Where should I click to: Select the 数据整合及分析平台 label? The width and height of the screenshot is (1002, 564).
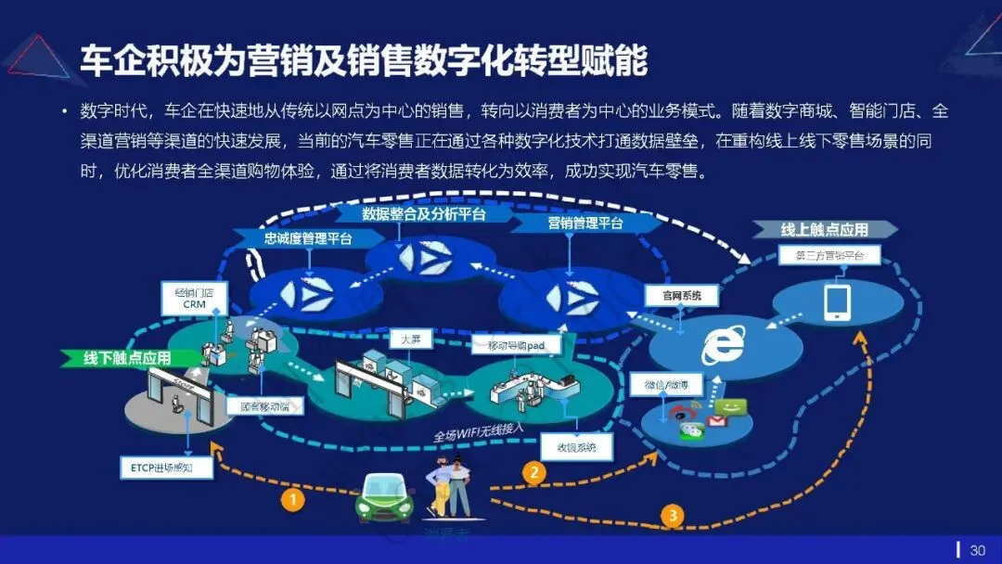point(424,214)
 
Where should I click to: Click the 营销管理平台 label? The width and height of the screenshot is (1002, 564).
point(584,224)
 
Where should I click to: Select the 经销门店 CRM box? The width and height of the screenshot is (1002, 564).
point(194,298)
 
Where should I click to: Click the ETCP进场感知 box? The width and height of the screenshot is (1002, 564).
point(166,467)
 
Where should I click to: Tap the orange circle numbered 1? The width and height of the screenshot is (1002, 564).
point(292,499)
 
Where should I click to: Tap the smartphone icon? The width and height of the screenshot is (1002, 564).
point(838,301)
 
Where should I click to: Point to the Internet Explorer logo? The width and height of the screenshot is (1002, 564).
point(723,344)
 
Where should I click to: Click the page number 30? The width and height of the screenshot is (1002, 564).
point(977,550)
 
